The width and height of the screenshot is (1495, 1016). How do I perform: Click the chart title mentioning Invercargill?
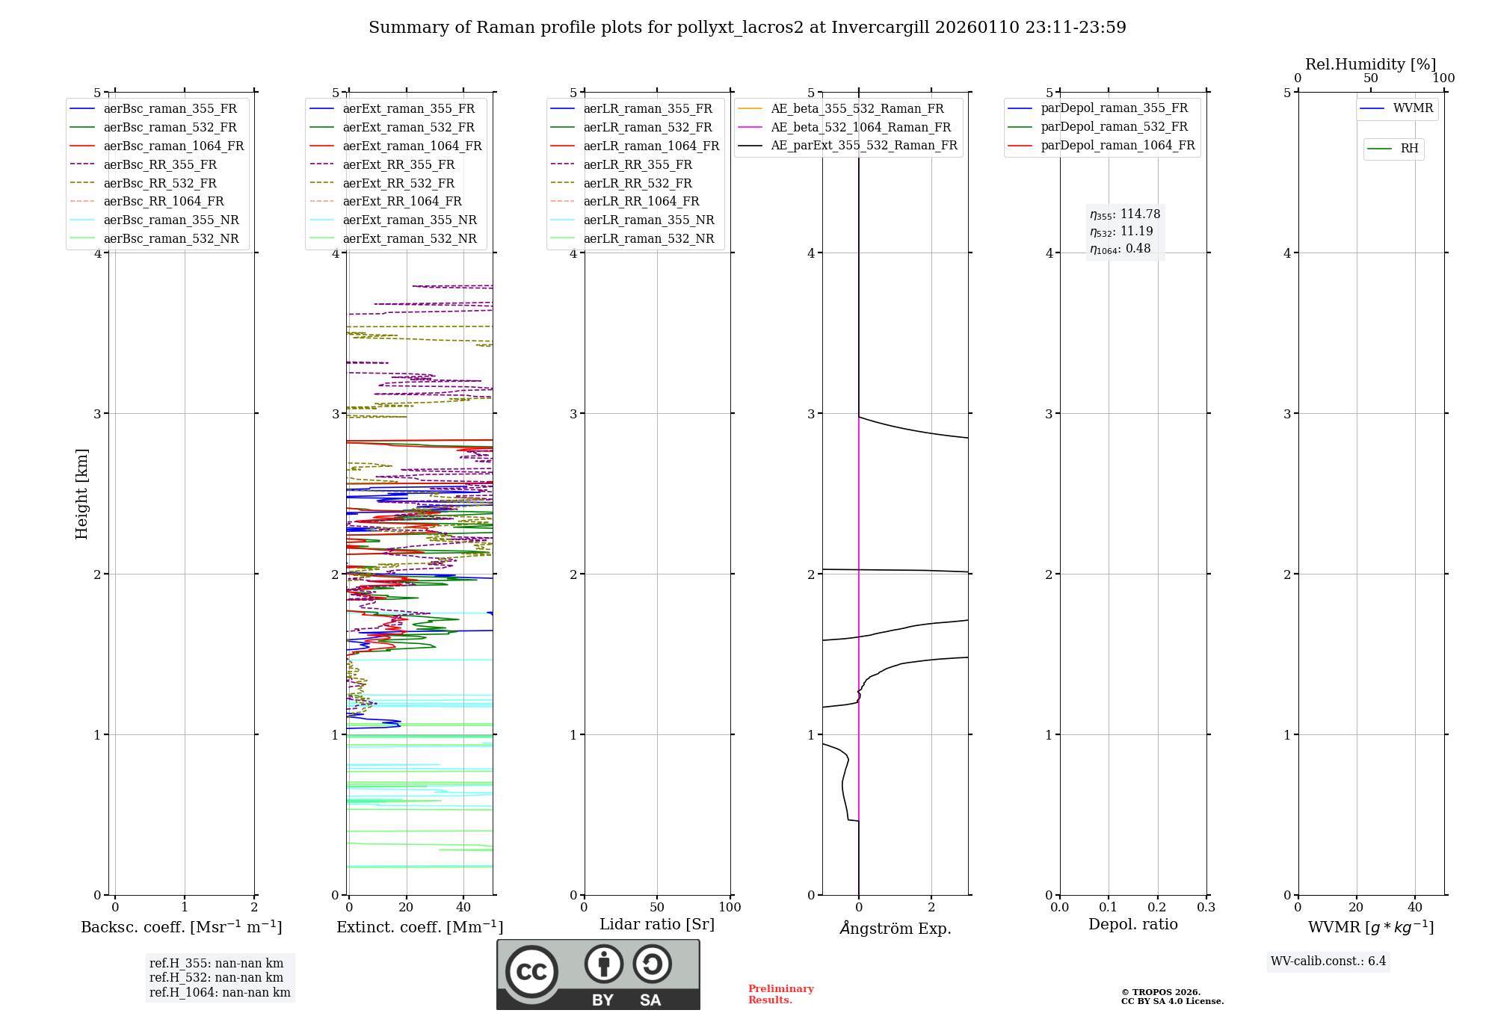point(747,28)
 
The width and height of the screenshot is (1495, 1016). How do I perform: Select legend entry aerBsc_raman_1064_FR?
point(173,146)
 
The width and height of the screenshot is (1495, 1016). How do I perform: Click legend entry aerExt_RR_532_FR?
point(398,183)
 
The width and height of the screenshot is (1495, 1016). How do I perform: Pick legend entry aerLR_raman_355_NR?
point(649,220)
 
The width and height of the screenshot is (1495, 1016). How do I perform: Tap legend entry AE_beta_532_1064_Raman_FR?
point(860,127)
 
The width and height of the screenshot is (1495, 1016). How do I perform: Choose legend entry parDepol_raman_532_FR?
point(1114,127)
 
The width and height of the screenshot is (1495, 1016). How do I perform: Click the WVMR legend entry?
point(1413,108)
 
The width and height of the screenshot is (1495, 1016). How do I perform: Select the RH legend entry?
point(1409,149)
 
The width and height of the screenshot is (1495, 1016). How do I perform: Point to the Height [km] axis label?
point(81,494)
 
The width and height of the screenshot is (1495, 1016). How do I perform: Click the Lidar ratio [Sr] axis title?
point(657,924)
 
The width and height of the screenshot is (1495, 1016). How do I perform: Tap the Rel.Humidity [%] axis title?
point(1370,64)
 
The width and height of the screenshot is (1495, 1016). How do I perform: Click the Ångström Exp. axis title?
point(895,929)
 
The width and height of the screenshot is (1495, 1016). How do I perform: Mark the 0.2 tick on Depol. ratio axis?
point(1157,907)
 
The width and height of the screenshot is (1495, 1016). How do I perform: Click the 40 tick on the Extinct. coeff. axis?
point(463,907)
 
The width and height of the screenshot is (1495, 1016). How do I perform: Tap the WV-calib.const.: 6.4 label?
point(1328,961)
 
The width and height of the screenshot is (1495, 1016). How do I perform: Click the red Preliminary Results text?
point(780,994)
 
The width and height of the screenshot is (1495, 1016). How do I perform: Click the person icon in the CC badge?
point(603,964)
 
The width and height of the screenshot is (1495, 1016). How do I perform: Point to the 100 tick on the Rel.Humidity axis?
point(1443,78)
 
